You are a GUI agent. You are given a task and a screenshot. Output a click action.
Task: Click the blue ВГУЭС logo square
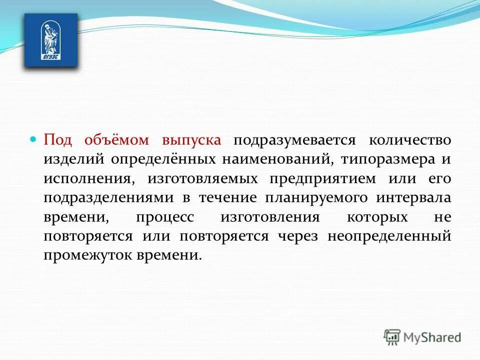point(51,40)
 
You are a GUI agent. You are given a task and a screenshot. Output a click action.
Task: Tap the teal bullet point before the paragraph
point(34,139)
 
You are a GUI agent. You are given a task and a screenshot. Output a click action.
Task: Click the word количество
point(410,140)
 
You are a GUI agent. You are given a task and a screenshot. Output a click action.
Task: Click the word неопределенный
point(389,236)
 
